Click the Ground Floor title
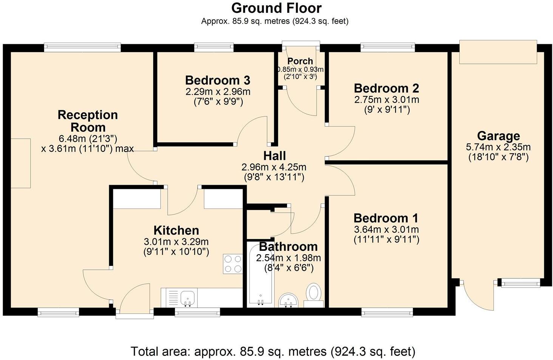click(276, 8)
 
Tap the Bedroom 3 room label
click(218, 80)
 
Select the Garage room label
click(498, 136)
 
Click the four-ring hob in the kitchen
click(233, 264)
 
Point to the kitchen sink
click(188, 297)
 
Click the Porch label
click(300, 61)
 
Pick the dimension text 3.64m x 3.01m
click(386, 230)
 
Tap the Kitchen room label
click(176, 230)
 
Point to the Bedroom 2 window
click(388, 47)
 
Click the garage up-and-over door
click(497, 52)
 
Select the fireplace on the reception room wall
click(20, 163)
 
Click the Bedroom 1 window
click(387, 312)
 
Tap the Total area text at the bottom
click(273, 352)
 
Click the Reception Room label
click(88, 121)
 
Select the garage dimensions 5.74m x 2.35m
click(498, 147)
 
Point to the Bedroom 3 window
click(214, 47)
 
